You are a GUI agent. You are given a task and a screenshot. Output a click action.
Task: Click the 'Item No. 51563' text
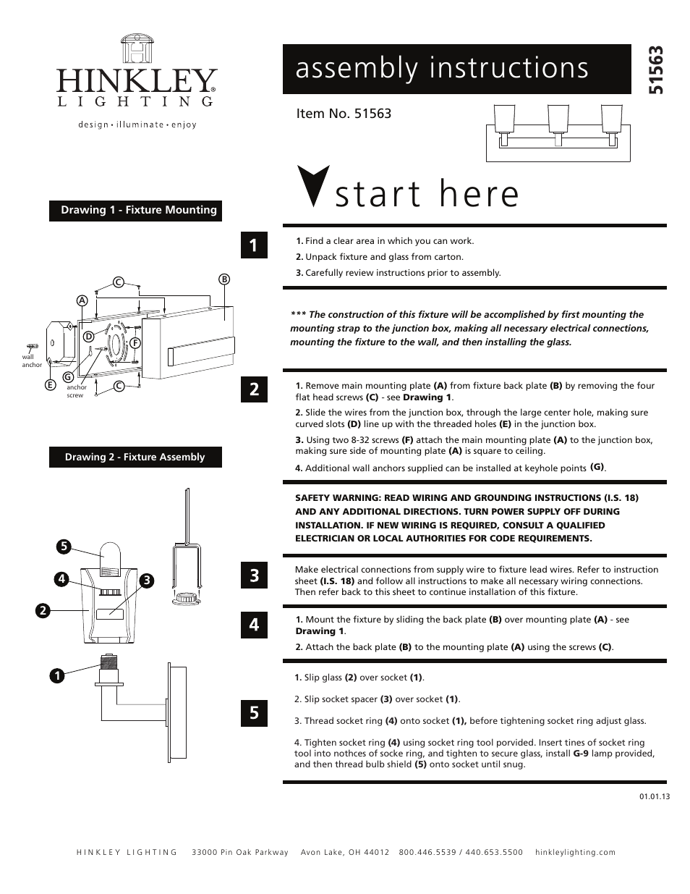pos(344,114)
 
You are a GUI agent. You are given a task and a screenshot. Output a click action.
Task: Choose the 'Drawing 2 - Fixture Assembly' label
pos(135,457)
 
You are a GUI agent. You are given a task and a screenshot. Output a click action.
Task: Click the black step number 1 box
pos(254,245)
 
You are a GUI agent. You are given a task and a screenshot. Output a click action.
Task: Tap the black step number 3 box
pos(254,575)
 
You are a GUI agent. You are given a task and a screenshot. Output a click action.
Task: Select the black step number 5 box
pos(254,712)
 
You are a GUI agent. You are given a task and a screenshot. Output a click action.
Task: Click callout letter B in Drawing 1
pos(224,279)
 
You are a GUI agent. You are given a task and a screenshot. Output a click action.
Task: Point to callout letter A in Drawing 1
pos(82,300)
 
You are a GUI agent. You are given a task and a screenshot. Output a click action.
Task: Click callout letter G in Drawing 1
pos(67,376)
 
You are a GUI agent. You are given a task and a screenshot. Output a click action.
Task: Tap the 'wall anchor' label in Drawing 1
pos(32,360)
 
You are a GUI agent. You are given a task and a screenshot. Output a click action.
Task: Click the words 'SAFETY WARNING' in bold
pos(332,498)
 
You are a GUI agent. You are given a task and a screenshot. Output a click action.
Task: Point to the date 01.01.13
pos(655,796)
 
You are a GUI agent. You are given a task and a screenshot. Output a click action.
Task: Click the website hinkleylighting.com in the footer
pos(575,852)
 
